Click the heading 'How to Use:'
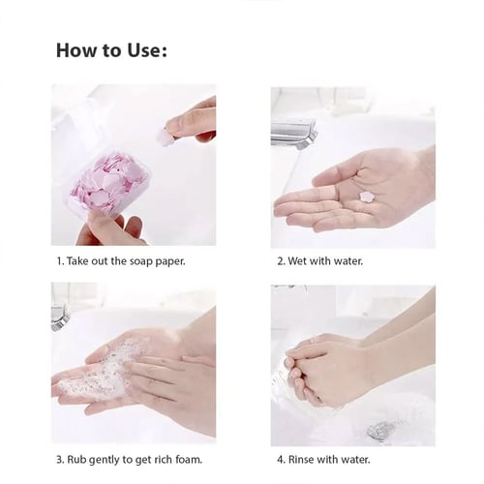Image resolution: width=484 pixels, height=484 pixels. [111, 50]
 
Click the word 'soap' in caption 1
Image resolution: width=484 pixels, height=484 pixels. [140, 261]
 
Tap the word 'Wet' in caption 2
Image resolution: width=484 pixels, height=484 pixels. [297, 261]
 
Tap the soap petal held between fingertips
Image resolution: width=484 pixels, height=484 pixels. [166, 138]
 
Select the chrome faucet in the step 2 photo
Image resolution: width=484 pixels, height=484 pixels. [294, 134]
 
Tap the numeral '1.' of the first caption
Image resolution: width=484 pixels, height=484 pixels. [61, 261]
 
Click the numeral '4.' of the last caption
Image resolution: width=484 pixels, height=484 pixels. [281, 459]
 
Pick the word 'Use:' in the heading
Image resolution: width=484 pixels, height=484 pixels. [147, 50]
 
